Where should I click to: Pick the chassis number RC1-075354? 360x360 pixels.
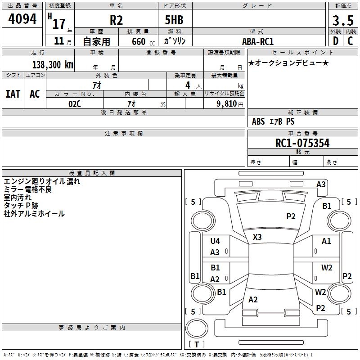click(x=302, y=143)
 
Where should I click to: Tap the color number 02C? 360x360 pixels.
click(x=75, y=103)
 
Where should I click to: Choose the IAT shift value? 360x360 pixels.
click(x=13, y=94)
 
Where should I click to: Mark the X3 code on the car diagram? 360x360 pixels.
click(x=257, y=237)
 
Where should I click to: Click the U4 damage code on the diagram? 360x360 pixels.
click(x=215, y=241)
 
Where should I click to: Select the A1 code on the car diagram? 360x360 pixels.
click(x=326, y=241)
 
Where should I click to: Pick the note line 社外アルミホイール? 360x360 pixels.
click(x=34, y=214)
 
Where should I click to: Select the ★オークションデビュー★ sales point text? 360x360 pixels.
click(x=288, y=63)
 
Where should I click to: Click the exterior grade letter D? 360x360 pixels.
click(x=335, y=41)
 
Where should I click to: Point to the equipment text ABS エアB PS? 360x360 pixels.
click(x=273, y=121)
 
